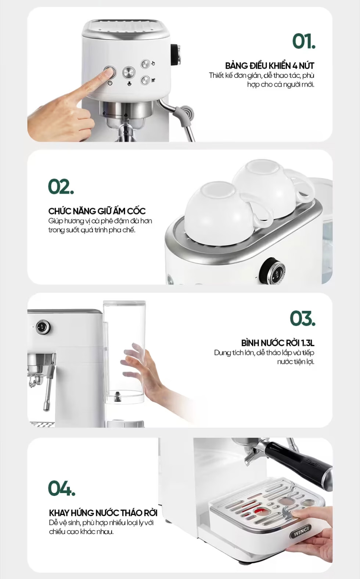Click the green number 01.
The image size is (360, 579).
click(x=304, y=41)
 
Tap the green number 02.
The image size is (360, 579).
click(x=61, y=186)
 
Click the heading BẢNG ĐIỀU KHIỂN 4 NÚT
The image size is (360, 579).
click(x=270, y=66)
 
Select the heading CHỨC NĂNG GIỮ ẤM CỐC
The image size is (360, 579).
click(x=97, y=211)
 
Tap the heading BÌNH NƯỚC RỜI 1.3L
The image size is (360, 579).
click(x=278, y=343)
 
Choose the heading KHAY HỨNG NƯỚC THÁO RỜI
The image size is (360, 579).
click(x=103, y=513)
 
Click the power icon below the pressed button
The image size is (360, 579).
click(x=110, y=83)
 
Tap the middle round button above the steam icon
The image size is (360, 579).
click(x=129, y=72)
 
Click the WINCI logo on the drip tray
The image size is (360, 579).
click(x=301, y=533)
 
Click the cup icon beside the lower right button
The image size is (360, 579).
click(x=153, y=80)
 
